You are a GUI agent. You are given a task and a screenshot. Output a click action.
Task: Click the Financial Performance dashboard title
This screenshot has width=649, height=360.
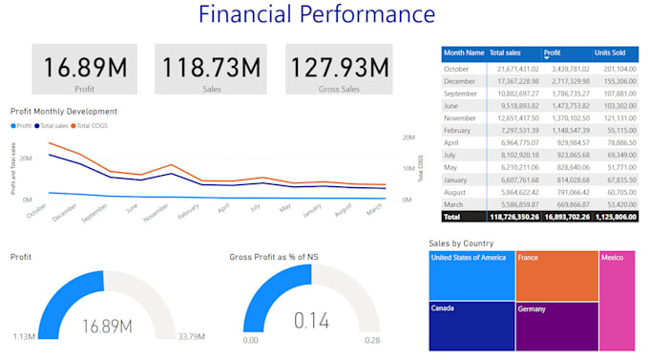(316, 15)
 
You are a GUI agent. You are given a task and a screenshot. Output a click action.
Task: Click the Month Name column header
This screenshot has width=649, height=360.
(463, 53)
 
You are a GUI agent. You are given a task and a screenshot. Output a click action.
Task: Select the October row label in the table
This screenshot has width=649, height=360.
(458, 70)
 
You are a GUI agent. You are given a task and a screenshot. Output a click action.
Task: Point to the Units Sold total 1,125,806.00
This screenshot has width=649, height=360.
(614, 217)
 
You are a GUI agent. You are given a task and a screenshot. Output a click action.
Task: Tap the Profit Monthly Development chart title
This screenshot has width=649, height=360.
(64, 112)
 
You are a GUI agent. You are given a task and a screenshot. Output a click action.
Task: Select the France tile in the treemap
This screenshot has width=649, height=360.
(555, 275)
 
